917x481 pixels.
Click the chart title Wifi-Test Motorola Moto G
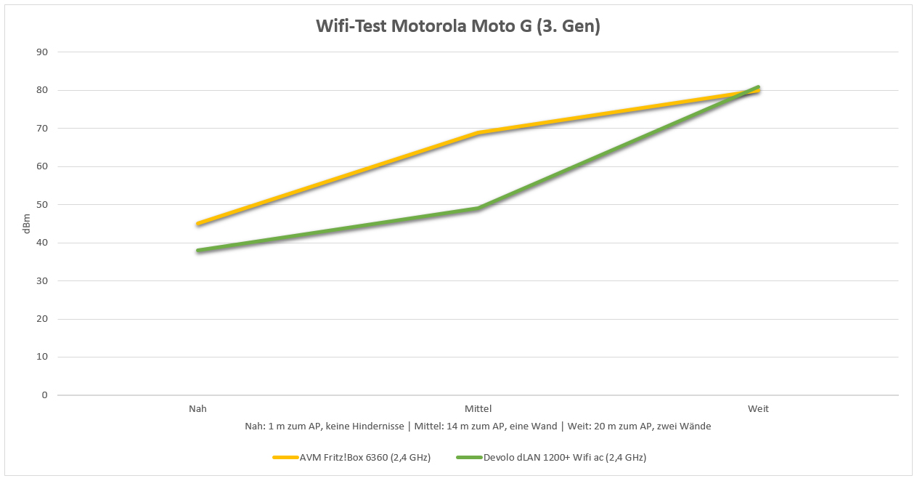coord(458,27)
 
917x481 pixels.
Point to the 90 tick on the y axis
coord(43,52)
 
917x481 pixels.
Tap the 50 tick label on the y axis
coord(43,205)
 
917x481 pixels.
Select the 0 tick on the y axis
coord(45,395)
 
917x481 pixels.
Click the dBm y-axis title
coord(27,224)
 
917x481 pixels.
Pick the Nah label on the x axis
coord(197,409)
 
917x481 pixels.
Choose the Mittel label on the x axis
coord(478,409)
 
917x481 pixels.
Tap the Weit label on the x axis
coord(758,409)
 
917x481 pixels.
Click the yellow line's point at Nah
coord(197,224)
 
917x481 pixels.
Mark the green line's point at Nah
coord(197,251)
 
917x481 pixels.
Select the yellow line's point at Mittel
coord(478,133)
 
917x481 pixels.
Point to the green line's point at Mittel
coord(478,209)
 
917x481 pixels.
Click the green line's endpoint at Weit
coord(758,87)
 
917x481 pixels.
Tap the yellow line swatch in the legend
coord(285,458)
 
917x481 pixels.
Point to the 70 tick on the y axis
coord(43,129)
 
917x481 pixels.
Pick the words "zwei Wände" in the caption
coord(686,427)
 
